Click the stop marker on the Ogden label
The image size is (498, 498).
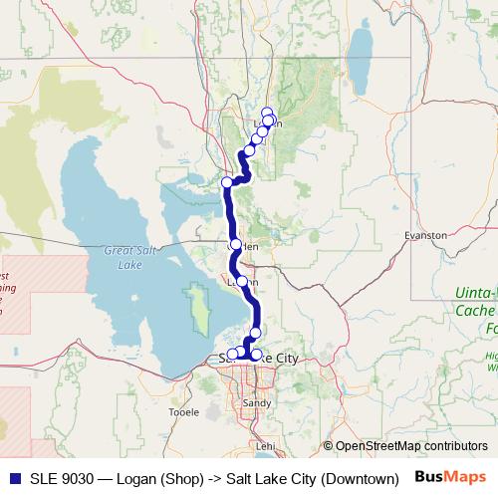[236, 244]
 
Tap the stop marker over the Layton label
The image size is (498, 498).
[241, 282]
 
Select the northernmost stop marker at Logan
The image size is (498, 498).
[267, 113]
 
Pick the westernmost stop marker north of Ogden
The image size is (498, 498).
[227, 181]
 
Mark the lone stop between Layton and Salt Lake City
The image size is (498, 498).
[256, 333]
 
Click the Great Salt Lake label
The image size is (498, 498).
[124, 258]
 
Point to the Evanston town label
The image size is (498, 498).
[425, 235]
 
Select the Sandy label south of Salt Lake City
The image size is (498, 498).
[256, 402]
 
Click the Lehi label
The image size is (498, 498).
[264, 446]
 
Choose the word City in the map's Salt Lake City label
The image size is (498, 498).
[281, 358]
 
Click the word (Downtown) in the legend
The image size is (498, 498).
[361, 478]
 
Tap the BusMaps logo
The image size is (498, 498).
[451, 477]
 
